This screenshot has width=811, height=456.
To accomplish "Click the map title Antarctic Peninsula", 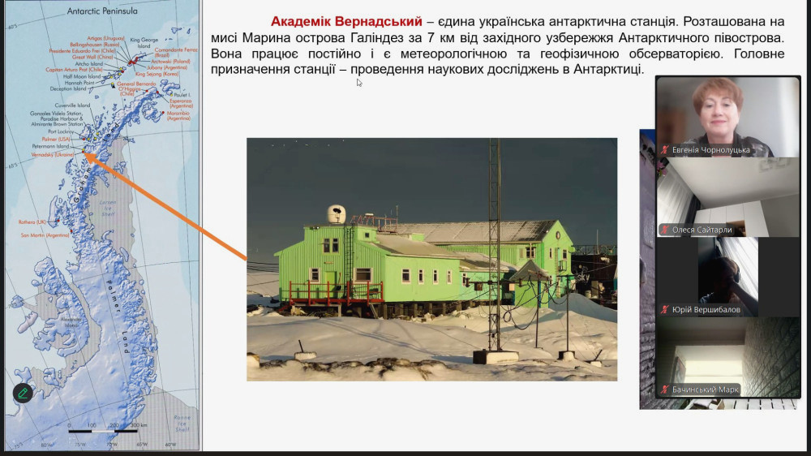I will (x=103, y=12).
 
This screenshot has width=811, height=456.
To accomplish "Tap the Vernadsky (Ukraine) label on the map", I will (x=53, y=154).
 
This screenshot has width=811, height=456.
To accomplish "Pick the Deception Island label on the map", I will (x=68, y=88).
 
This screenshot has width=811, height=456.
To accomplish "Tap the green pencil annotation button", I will (x=23, y=393).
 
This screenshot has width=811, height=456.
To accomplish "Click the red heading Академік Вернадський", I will (x=347, y=21).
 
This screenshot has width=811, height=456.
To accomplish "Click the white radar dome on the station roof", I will (x=337, y=215).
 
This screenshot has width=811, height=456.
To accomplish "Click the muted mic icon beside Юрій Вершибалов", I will (x=665, y=309).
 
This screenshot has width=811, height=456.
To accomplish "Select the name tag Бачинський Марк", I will (x=705, y=389).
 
